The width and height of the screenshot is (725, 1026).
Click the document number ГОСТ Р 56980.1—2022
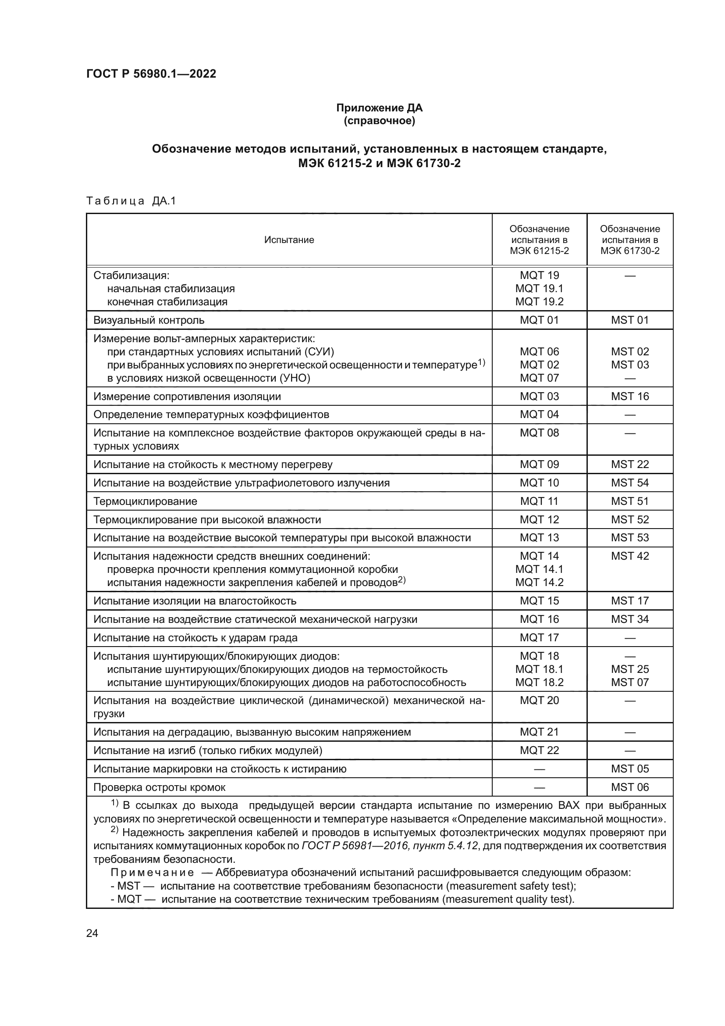pos(151,74)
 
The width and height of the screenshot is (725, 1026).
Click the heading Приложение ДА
pos(379,108)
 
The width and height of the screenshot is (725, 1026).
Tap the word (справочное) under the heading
pos(379,121)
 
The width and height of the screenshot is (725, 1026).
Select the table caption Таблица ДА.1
pos(131,201)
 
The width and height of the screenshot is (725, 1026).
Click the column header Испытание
pos(289,240)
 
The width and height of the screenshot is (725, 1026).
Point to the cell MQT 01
pos(539,320)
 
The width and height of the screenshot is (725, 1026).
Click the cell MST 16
pos(629,397)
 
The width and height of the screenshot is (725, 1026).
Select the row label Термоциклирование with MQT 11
pos(145,501)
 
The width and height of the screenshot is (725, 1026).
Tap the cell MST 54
pos(629,483)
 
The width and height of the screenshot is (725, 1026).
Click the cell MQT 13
pos(539,538)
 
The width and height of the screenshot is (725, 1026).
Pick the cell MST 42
pos(629,556)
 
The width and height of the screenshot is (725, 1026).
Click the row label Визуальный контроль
pos(149,320)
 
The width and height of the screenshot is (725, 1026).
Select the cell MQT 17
pos(539,638)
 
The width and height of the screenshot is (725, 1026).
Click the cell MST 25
pos(629,669)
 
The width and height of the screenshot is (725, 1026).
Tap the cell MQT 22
pos(539,750)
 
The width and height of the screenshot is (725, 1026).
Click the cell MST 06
pos(629,787)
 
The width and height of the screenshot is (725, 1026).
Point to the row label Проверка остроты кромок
pos(160,787)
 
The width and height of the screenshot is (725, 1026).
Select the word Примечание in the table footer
pos(152,873)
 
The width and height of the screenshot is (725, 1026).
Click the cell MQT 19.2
pos(539,302)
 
